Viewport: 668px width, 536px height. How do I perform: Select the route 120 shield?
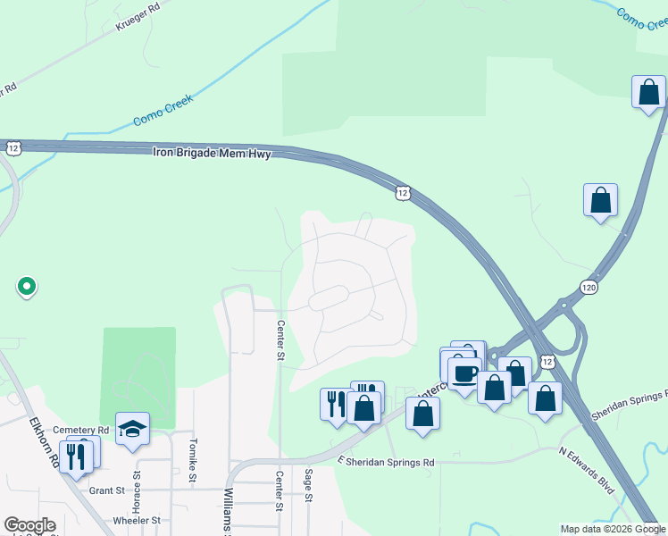(x=588, y=288)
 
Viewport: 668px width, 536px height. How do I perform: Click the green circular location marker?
(x=27, y=287)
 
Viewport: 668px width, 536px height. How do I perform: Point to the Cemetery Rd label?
(x=81, y=430)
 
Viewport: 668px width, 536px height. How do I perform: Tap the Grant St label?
(x=106, y=490)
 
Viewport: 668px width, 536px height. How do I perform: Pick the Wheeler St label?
(x=137, y=520)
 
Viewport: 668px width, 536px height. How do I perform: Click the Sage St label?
(x=308, y=486)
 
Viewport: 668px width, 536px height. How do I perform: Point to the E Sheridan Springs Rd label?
(x=386, y=462)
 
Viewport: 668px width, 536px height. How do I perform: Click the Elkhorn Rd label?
(x=41, y=443)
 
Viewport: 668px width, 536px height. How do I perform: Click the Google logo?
(x=29, y=525)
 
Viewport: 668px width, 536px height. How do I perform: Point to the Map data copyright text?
(x=612, y=529)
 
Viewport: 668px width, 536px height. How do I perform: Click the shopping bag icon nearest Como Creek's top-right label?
(x=649, y=92)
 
